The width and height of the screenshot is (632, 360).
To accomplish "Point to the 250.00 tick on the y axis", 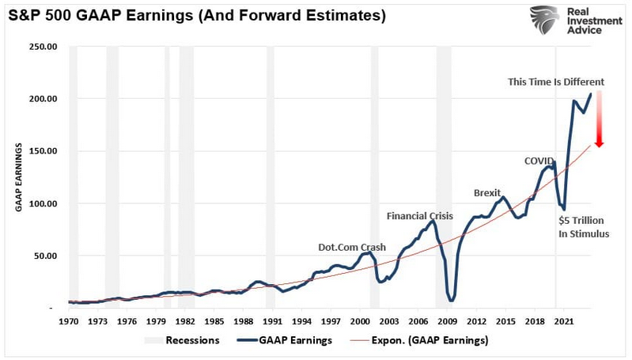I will tap(43, 47).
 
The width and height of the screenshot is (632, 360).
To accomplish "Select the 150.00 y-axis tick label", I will tap(43, 151).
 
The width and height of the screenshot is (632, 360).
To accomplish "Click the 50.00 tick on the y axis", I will tap(45, 256).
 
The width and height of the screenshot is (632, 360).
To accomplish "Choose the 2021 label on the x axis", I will tap(564, 322).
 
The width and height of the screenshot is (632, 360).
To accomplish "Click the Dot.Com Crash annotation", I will tap(352, 248).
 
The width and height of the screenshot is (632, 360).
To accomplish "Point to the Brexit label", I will tap(487, 193).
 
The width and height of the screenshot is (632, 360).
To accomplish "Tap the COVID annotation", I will tap(539, 161).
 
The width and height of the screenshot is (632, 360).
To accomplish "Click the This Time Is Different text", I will tap(555, 81).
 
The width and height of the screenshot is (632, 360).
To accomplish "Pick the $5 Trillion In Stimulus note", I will tap(584, 226).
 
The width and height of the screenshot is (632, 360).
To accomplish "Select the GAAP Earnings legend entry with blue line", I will tap(285, 341).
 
